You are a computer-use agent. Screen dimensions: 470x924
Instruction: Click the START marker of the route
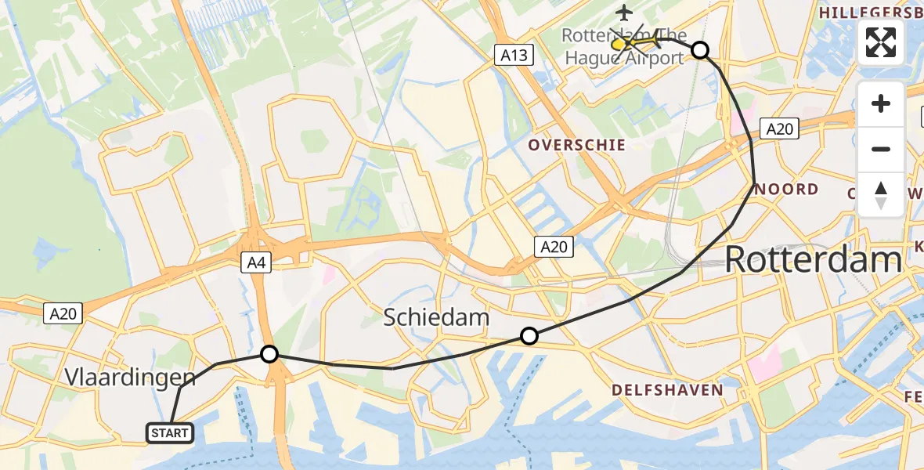tap(169, 432)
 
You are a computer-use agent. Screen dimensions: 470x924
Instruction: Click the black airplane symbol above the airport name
tap(624, 13)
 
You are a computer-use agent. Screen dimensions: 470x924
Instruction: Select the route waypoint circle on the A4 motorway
tap(269, 354)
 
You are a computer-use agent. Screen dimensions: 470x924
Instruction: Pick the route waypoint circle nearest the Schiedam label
tap(529, 336)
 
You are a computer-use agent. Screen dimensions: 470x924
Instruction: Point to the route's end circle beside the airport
tap(700, 50)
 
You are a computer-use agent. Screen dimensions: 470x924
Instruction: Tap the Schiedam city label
tap(436, 317)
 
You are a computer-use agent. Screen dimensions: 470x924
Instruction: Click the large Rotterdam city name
tap(813, 259)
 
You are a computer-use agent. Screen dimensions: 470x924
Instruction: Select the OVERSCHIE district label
tap(576, 145)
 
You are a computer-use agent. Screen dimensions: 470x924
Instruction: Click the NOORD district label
tap(788, 189)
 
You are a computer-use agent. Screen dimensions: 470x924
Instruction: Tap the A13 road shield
tap(514, 55)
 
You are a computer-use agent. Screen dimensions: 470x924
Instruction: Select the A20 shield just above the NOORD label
tap(780, 129)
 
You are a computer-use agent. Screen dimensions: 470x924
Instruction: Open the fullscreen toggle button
tap(881, 42)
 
